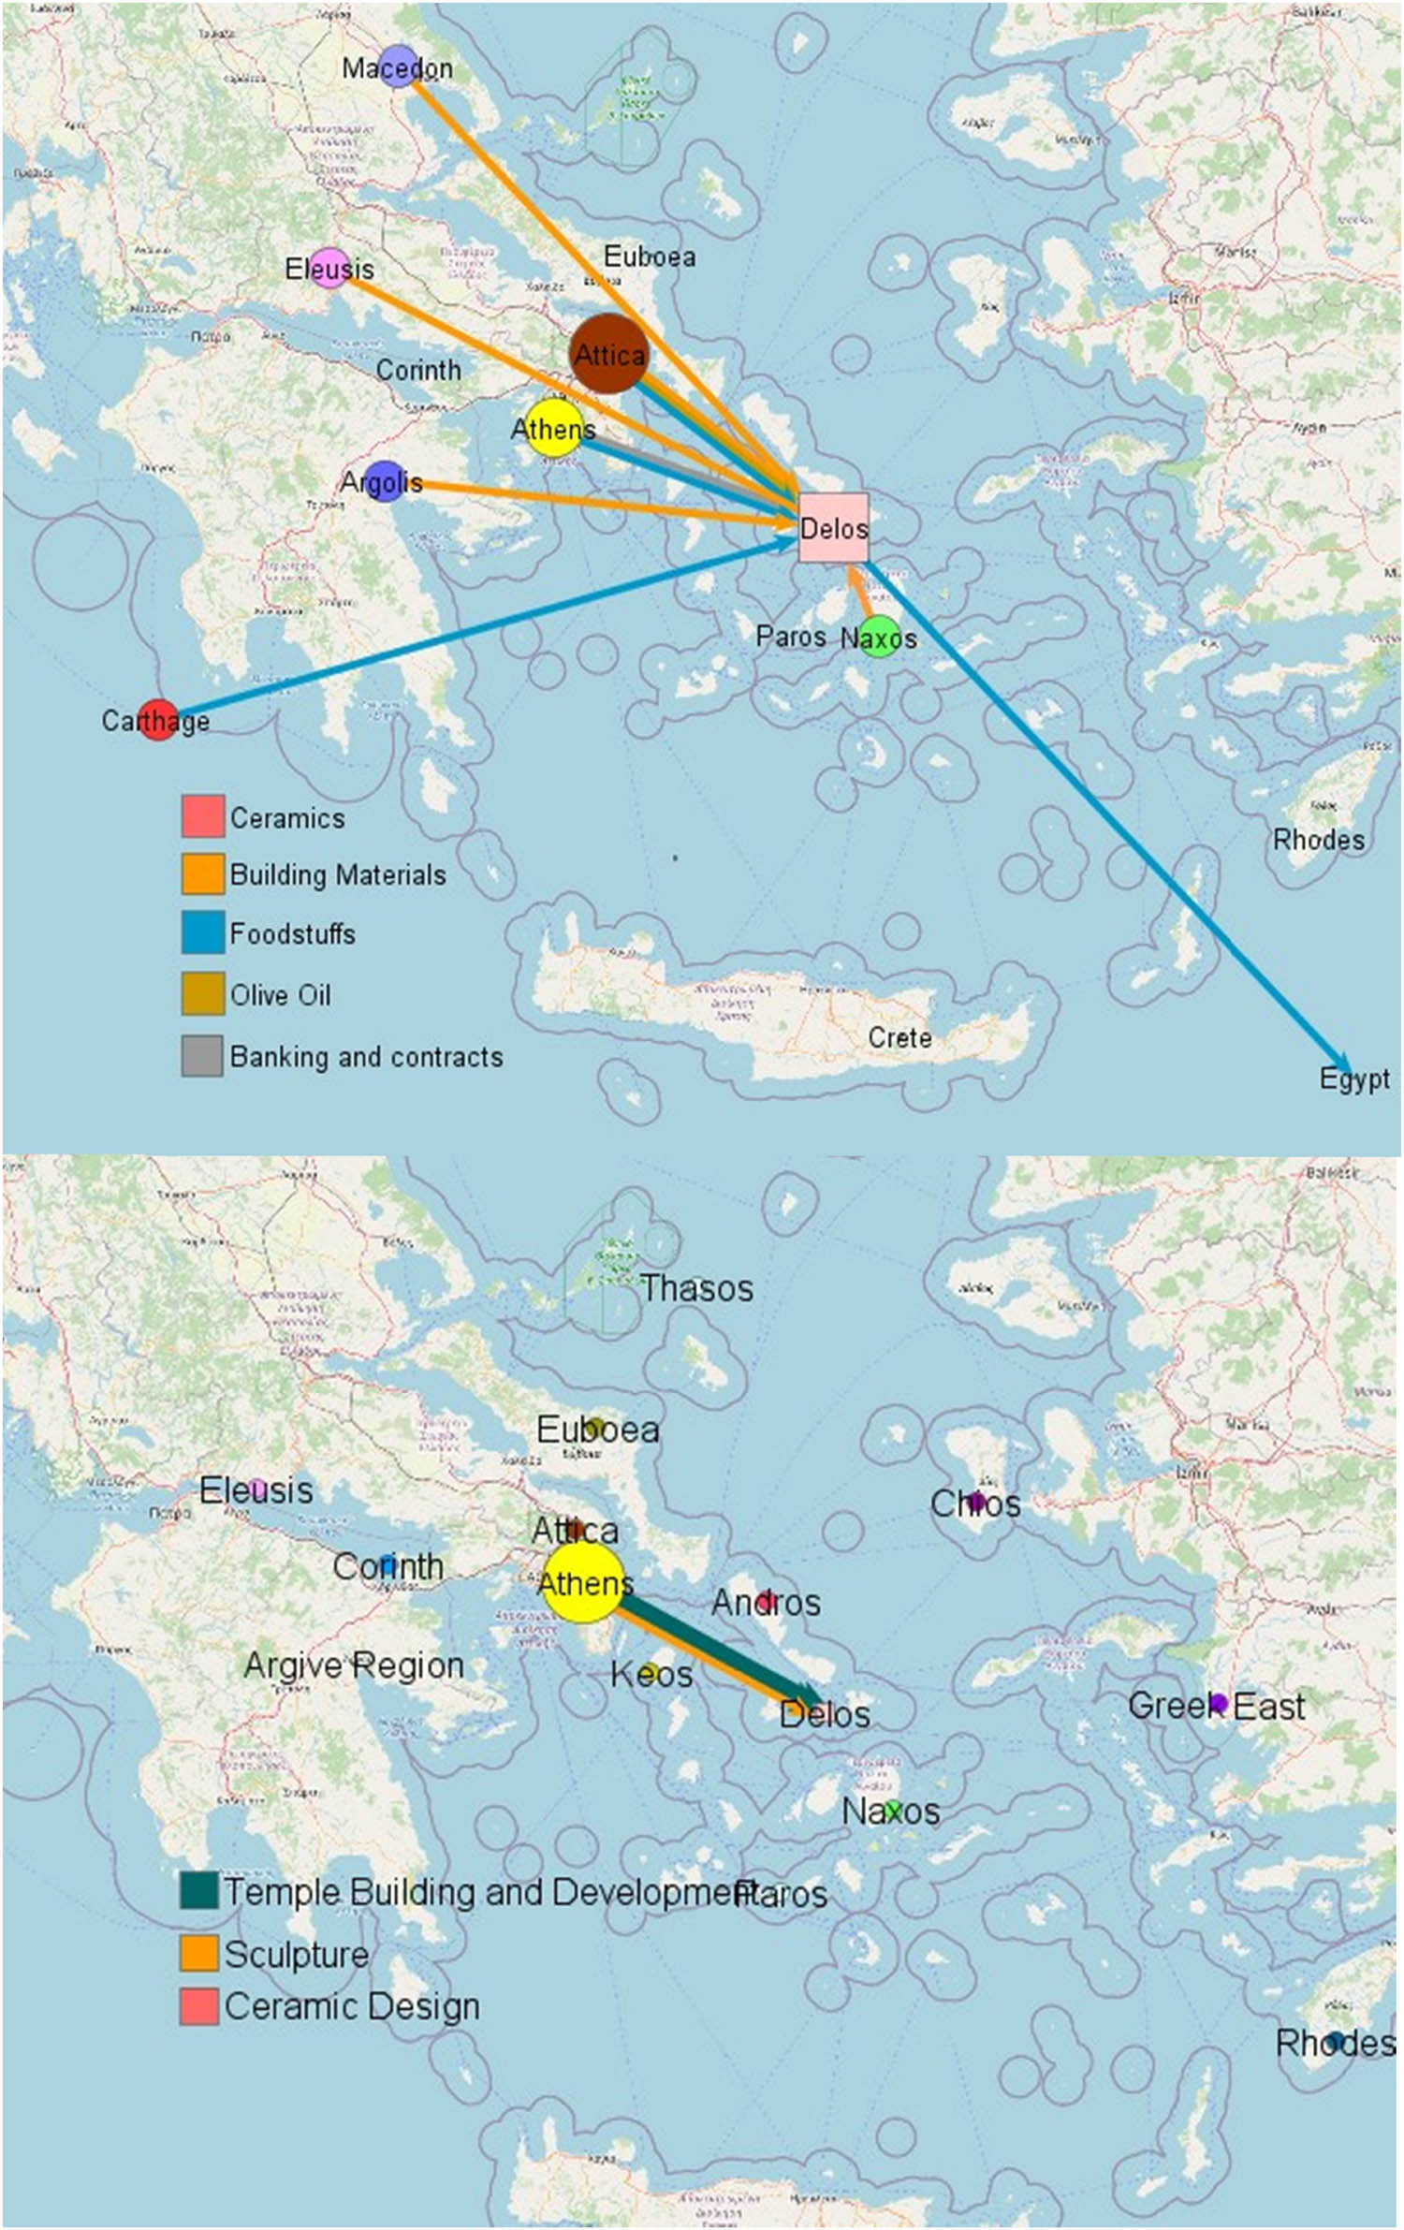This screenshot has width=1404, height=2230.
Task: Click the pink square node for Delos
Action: coord(833,528)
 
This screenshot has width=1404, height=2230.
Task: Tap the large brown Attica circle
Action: coord(608,354)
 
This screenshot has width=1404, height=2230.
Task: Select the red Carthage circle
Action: coord(158,719)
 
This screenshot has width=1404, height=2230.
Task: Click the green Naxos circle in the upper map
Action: coord(879,637)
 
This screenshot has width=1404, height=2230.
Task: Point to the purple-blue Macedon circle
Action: coord(399,66)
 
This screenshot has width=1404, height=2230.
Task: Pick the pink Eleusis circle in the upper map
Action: coord(329,269)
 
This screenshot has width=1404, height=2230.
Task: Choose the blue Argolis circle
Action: coord(384,481)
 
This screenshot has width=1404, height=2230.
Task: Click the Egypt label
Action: coord(1353,1078)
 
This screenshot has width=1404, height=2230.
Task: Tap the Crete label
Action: coord(899,1037)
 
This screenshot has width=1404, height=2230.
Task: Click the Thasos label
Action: coord(696,1288)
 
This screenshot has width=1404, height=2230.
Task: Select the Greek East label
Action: coord(1215,1705)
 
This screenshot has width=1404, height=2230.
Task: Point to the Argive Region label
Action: coord(354,1665)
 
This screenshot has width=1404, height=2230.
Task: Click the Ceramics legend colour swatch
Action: coord(202,816)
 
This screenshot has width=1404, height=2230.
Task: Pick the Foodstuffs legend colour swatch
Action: coord(202,932)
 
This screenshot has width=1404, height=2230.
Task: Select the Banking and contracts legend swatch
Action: coord(202,1056)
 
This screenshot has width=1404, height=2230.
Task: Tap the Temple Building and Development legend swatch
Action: coord(199,1891)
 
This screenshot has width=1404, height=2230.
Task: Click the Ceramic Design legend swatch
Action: coord(199,2006)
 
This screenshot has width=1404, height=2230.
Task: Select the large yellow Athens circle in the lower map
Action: coord(582,1582)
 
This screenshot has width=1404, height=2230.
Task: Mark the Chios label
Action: coord(974,1504)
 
